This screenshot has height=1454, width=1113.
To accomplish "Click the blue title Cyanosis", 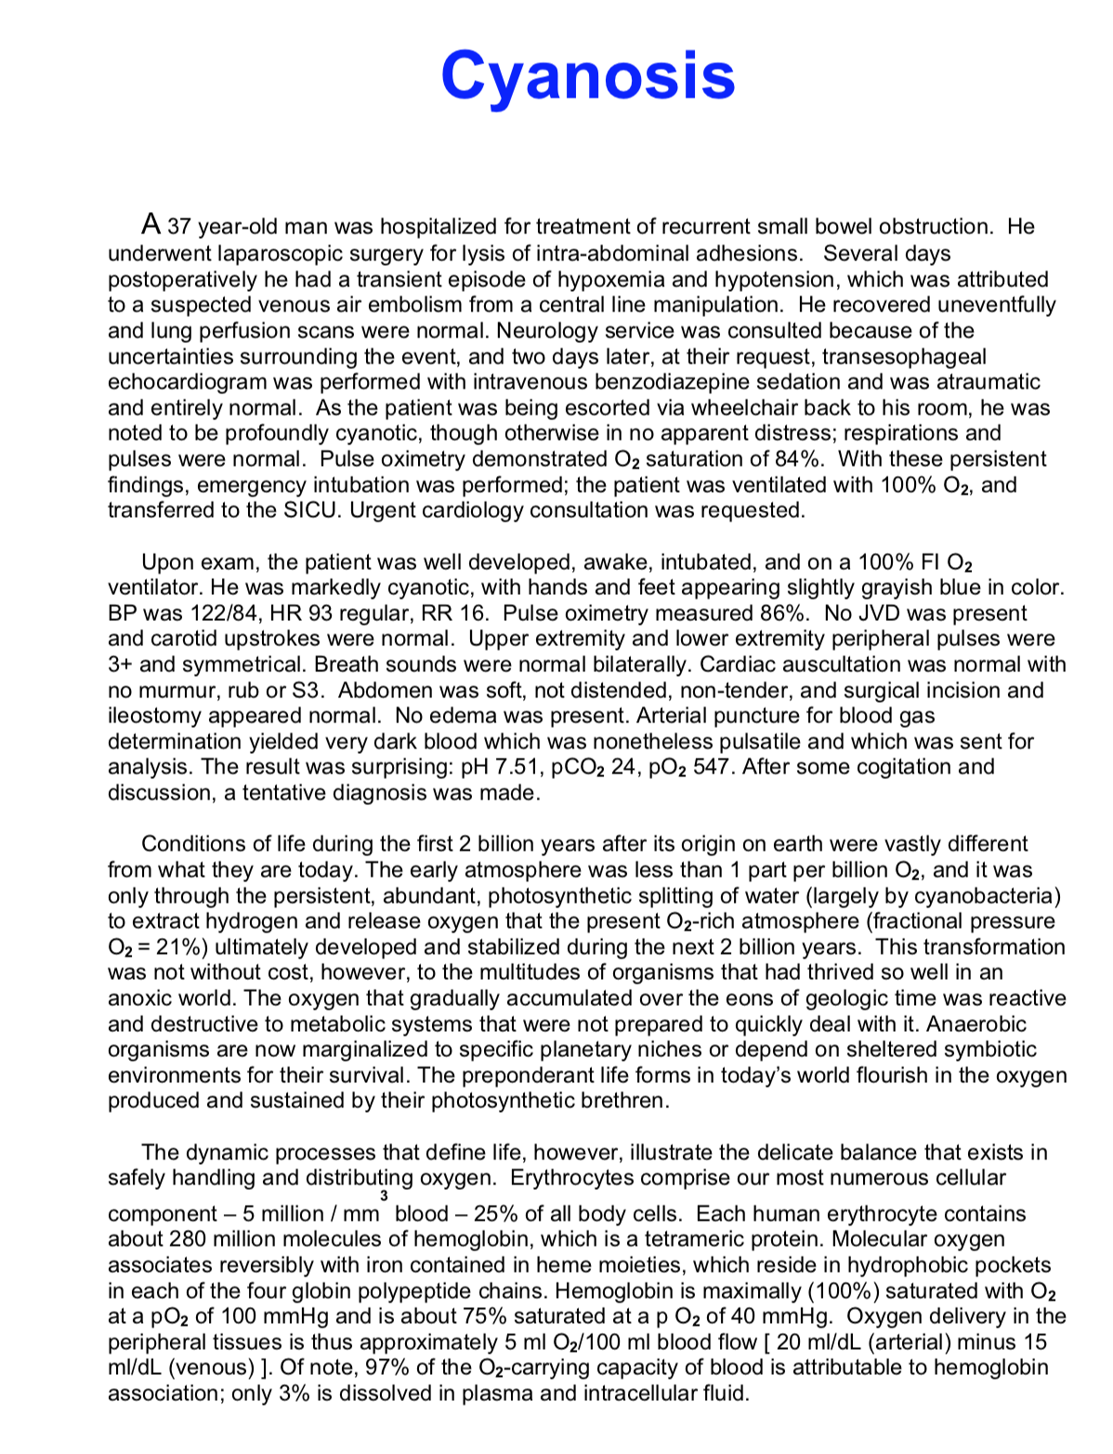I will click(587, 76).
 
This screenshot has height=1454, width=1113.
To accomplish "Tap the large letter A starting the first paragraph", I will click(152, 224).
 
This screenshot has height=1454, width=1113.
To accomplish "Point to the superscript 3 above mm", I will click(384, 1196).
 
